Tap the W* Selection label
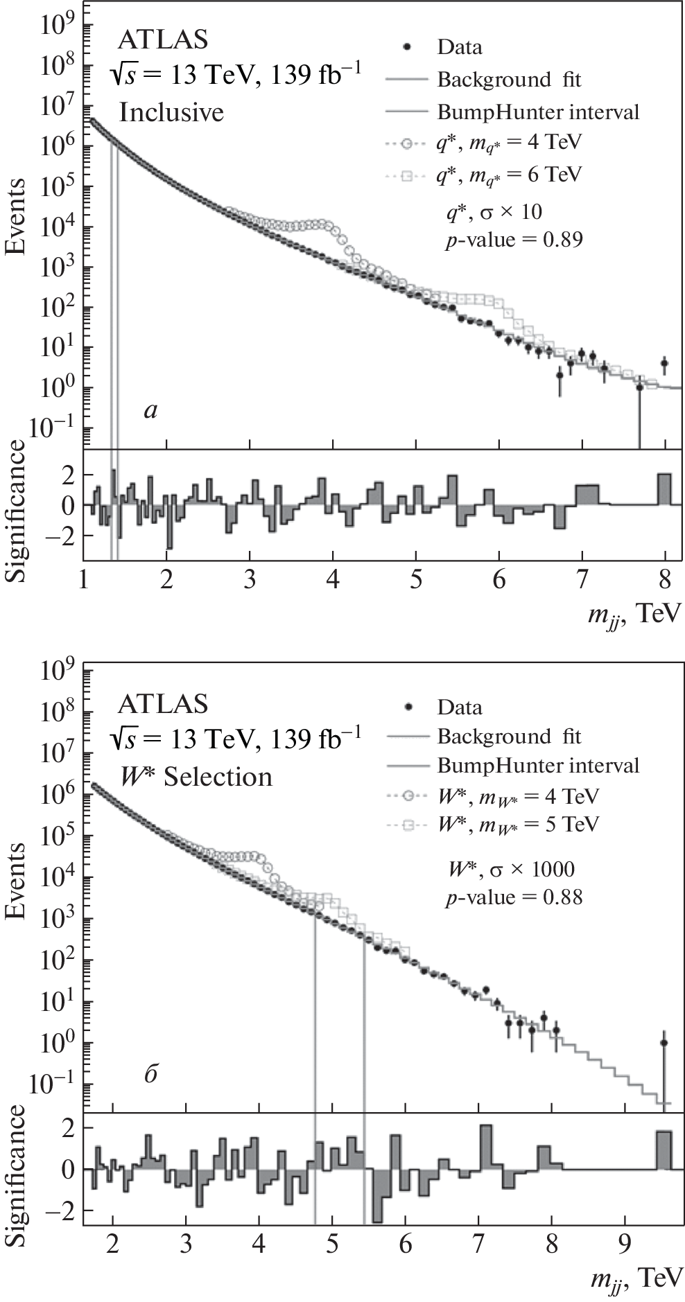[x=196, y=776]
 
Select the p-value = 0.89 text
[x=514, y=240]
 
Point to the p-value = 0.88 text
[x=514, y=897]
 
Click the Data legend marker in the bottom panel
[x=409, y=706]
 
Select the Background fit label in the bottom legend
[x=509, y=736]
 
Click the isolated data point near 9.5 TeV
[x=664, y=1043]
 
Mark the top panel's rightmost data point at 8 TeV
[x=664, y=363]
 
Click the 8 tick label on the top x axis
[x=665, y=579]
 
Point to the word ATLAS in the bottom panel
[x=163, y=704]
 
